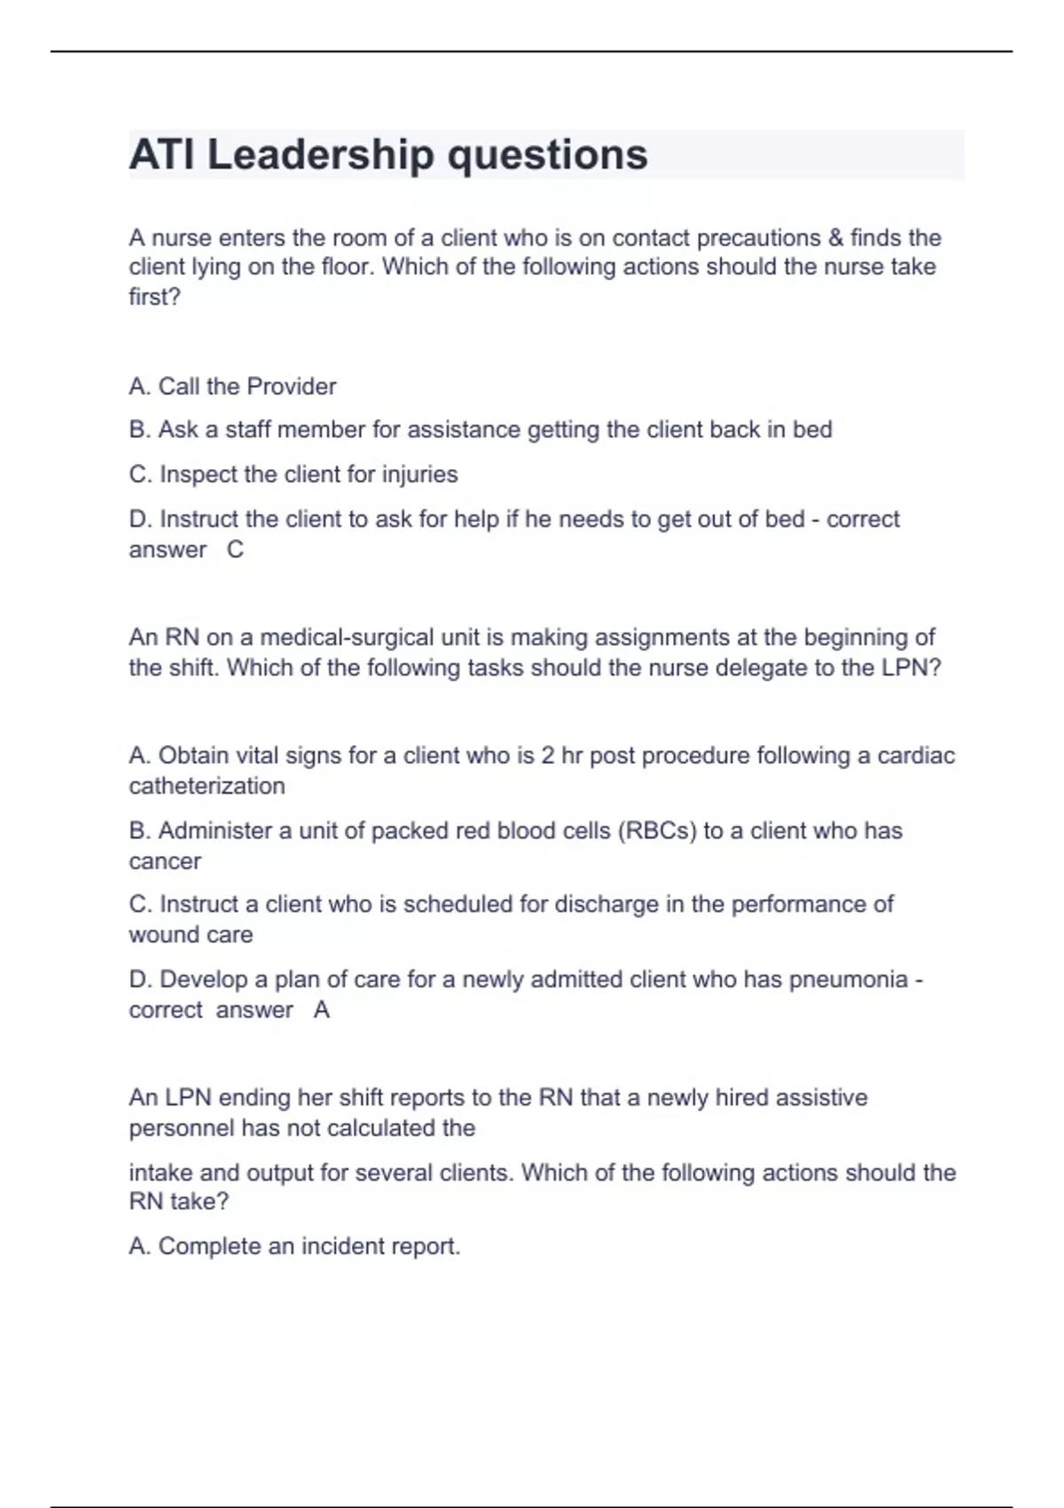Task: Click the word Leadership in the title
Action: [320, 155]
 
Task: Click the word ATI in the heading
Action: [161, 155]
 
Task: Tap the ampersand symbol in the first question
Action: [835, 238]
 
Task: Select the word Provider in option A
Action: [291, 387]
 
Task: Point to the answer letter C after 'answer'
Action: [235, 550]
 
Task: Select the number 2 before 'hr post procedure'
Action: [548, 756]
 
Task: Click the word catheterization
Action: [207, 786]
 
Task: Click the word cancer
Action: [165, 861]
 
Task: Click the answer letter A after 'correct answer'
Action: [321, 1010]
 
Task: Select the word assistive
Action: [821, 1098]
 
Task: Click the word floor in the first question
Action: [342, 267]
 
